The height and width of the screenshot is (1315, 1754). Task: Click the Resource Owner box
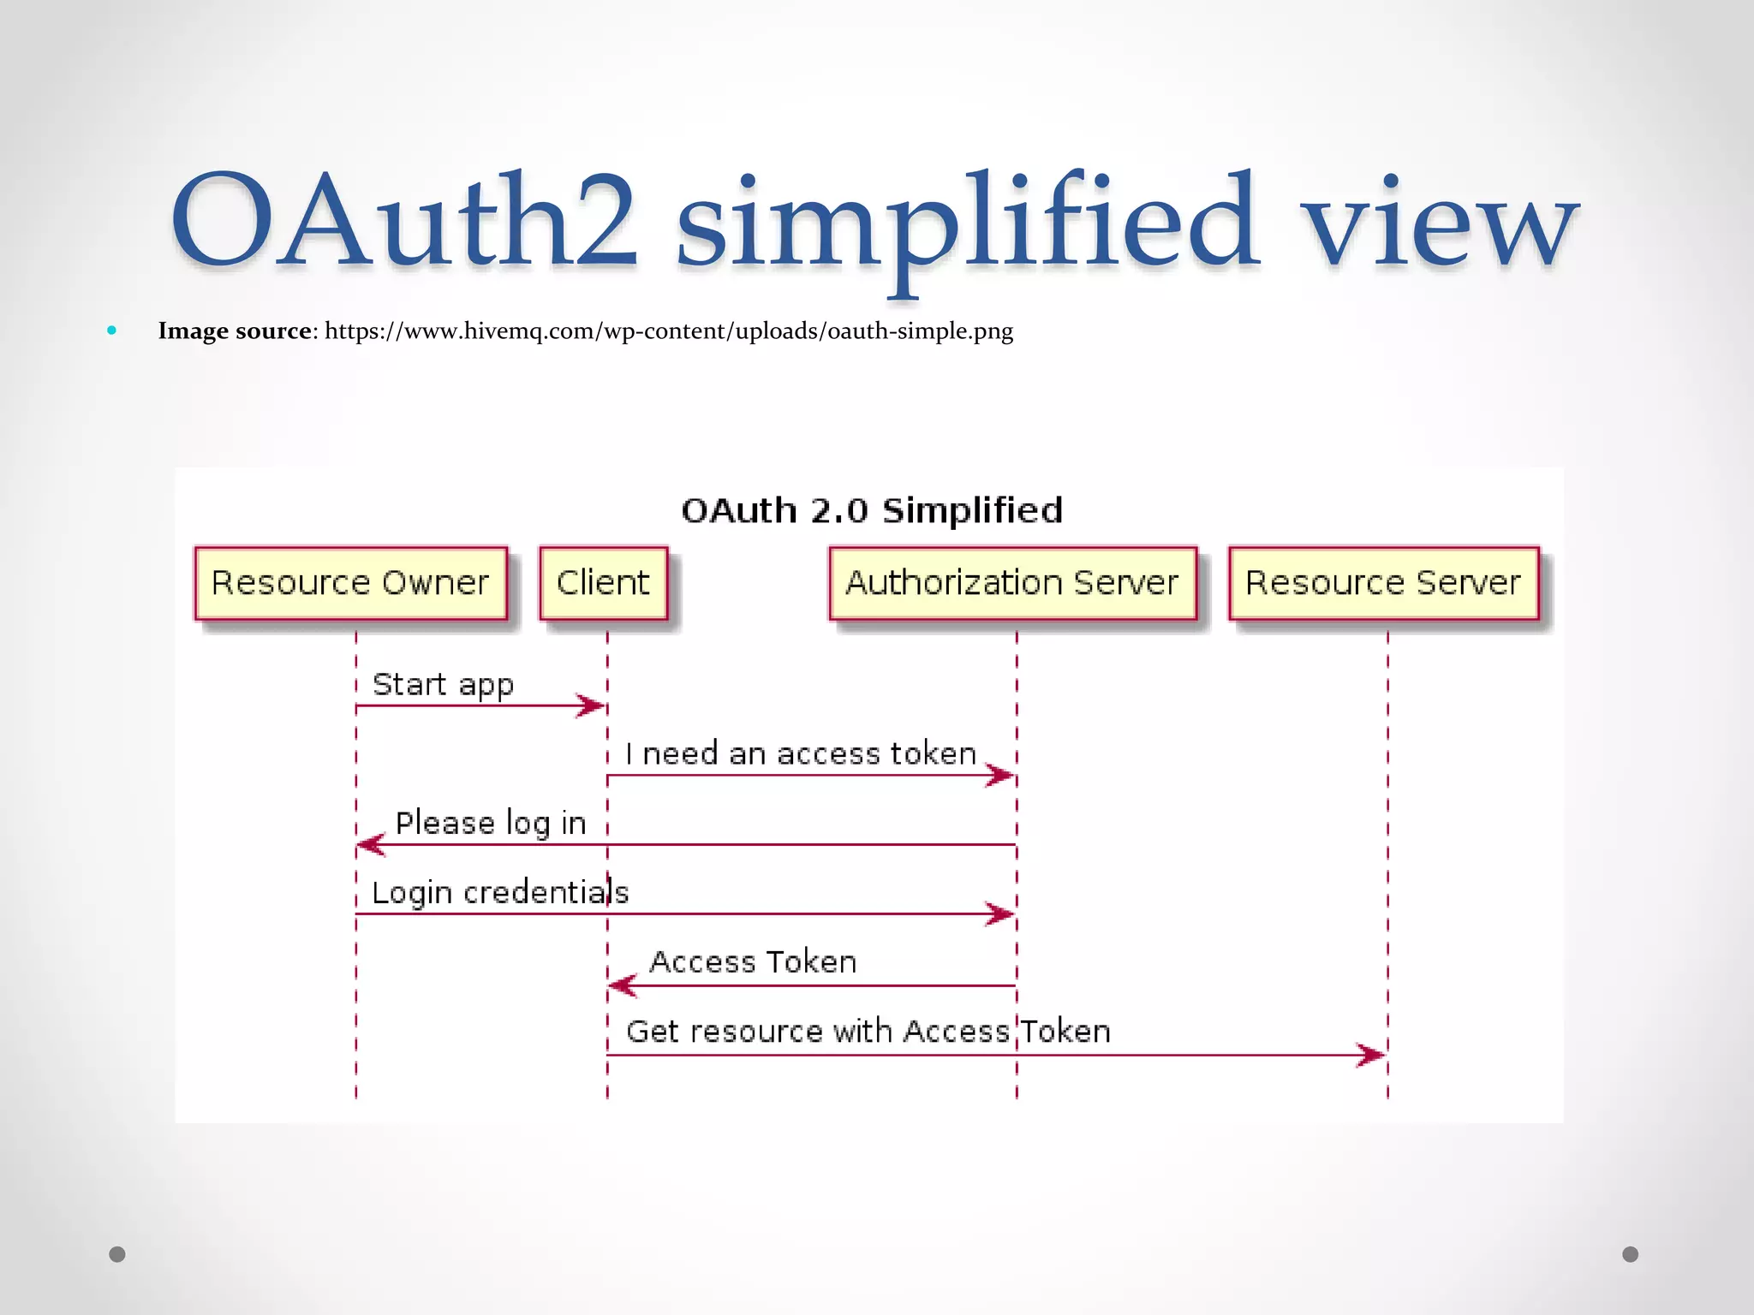tap(350, 583)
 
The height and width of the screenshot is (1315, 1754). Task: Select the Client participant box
tap(603, 583)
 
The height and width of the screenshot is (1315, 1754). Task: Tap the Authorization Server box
tap(1012, 583)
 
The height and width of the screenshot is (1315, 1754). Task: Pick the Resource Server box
tap(1383, 583)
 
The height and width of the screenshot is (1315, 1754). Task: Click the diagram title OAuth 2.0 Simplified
tap(872, 510)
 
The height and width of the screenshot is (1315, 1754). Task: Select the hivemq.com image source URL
tap(668, 331)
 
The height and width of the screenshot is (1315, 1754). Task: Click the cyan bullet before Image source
tap(112, 330)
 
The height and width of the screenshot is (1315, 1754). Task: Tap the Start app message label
tap(443, 685)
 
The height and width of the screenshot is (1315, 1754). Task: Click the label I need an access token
tap(801, 754)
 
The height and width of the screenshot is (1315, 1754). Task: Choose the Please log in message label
tap(491, 824)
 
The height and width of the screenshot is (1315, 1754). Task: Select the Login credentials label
tap(500, 893)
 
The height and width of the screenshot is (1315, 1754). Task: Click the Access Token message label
tap(753, 962)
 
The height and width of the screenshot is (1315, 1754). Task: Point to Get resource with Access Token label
tap(868, 1032)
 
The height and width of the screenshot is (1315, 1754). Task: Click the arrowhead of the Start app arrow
tap(593, 705)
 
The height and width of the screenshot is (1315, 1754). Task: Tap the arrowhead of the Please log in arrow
tap(370, 845)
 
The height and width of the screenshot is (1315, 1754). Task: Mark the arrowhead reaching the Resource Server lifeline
tap(1372, 1055)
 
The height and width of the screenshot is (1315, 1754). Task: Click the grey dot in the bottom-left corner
tap(117, 1254)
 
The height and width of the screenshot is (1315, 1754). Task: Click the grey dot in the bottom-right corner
tap(1631, 1254)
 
